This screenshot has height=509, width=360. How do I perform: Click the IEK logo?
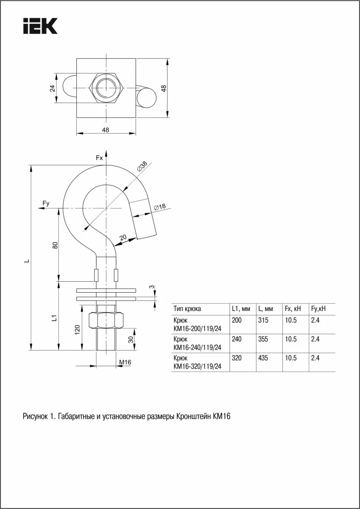coord(40,26)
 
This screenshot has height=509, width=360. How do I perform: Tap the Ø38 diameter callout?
coord(142,166)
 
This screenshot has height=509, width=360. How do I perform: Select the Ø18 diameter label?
coord(160,207)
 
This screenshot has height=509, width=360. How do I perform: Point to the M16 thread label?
coord(125,362)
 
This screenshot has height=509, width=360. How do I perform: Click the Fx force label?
coord(99,158)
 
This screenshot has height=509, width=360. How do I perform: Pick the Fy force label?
coord(46,203)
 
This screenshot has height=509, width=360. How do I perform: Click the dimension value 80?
coord(55,246)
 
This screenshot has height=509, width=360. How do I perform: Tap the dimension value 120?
coord(78,330)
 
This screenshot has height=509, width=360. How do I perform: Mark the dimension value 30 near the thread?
coord(131,340)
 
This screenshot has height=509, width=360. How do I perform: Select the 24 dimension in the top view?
coord(53,88)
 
